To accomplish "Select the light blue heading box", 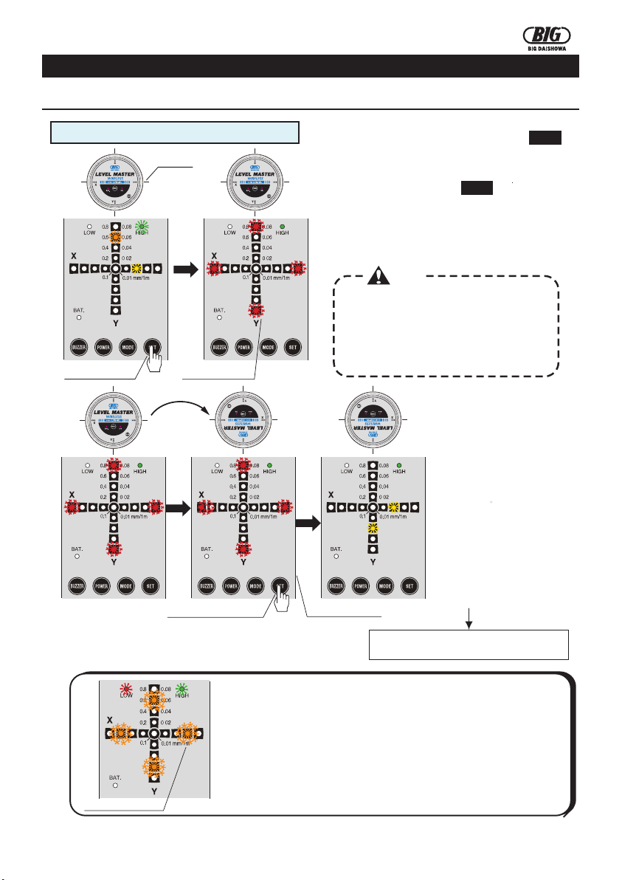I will click(x=174, y=132).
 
